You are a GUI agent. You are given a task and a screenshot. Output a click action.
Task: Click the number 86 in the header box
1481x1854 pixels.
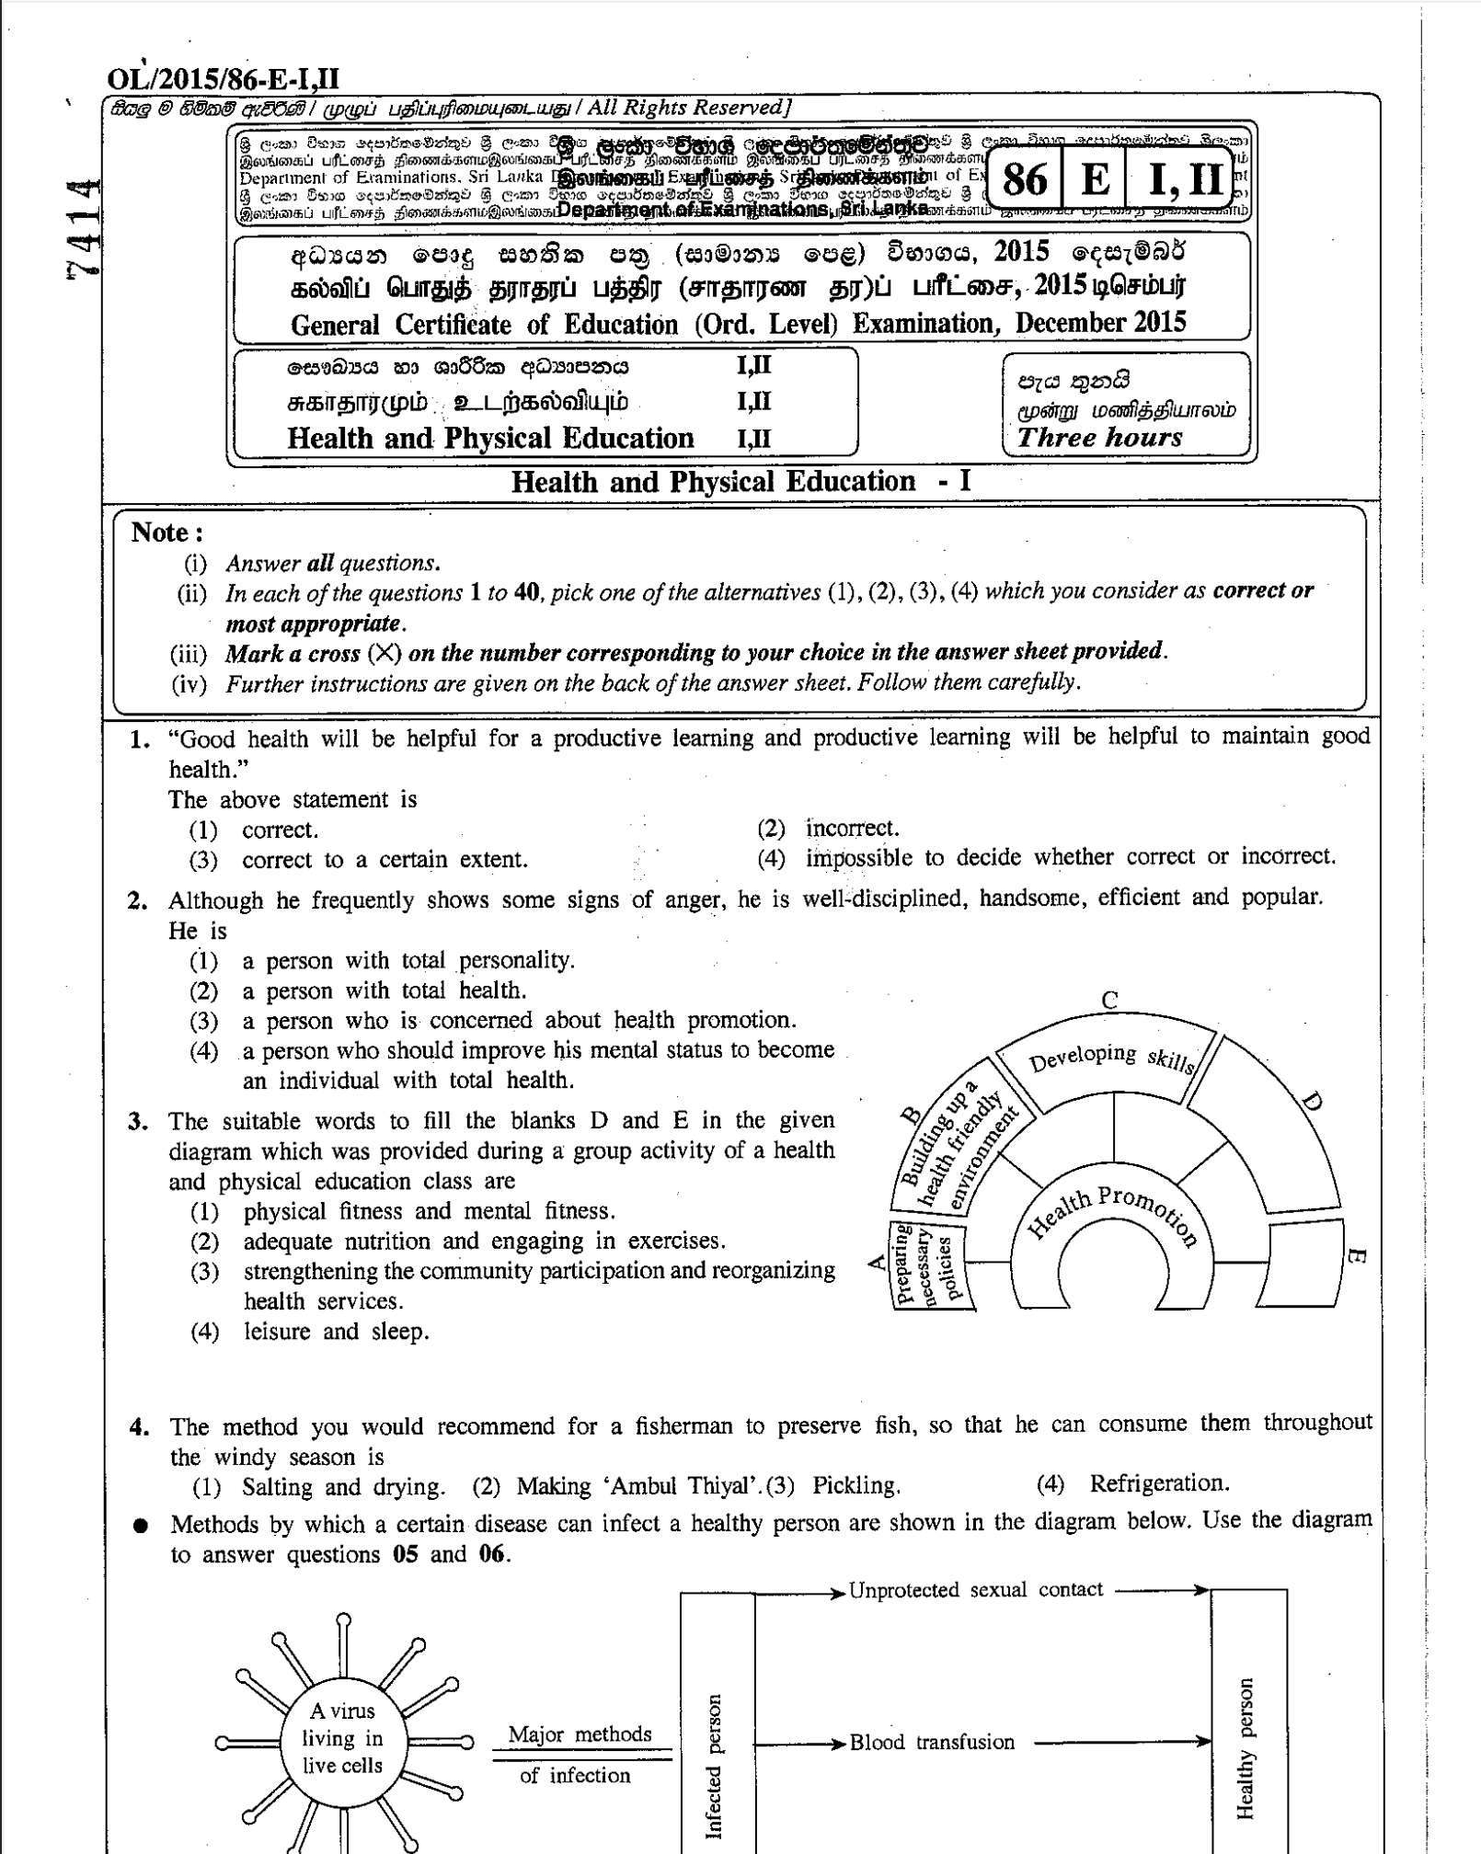[1025, 179]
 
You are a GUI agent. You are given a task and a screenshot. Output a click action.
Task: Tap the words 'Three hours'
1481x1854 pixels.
[1100, 437]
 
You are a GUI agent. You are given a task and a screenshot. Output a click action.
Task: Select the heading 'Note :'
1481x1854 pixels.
[167, 532]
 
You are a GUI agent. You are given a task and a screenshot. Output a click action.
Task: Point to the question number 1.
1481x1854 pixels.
[139, 739]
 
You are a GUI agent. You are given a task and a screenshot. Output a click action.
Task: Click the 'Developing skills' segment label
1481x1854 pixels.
[1110, 1059]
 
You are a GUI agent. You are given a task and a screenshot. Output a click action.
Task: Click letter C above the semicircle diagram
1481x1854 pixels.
[1110, 1001]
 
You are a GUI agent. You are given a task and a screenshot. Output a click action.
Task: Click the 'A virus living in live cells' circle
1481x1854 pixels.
[342, 1738]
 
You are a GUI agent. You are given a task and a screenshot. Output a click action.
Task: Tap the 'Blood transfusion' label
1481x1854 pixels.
[932, 1742]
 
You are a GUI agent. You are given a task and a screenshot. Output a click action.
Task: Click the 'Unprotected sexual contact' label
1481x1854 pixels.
[975, 1590]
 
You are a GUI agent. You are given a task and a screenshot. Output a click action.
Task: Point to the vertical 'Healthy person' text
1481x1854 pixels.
[1246, 1747]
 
